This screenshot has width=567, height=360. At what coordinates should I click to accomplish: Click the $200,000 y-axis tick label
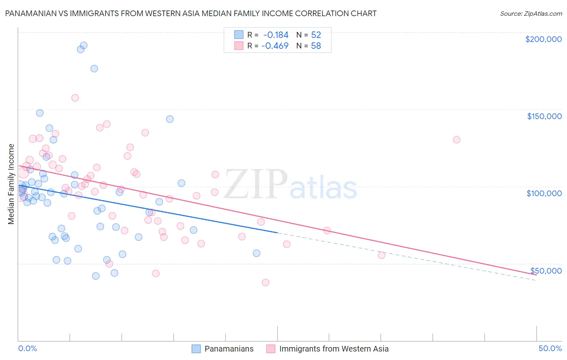click(x=543, y=39)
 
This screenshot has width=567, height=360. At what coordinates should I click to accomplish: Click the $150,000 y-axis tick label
click(x=544, y=116)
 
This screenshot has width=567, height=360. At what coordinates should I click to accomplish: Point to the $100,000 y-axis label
click(x=544, y=193)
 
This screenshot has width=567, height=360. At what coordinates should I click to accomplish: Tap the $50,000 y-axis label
click(x=546, y=270)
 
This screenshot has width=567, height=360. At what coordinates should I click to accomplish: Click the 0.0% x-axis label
click(x=27, y=348)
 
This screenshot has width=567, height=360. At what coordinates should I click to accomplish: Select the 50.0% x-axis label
click(x=550, y=348)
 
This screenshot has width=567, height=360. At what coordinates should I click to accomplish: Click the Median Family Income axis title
click(x=11, y=184)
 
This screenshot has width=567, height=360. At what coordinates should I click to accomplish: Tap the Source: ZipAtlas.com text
click(x=531, y=13)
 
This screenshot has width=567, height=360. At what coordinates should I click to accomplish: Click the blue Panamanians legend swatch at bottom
click(x=196, y=349)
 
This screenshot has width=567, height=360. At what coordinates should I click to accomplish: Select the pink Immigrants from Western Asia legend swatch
click(x=271, y=349)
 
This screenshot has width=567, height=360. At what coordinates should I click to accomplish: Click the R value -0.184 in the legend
click(x=276, y=35)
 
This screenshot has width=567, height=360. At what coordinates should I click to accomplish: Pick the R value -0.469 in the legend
click(x=275, y=46)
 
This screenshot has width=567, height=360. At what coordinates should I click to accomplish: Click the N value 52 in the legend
click(x=316, y=35)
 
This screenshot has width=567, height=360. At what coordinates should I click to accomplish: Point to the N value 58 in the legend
click(x=316, y=46)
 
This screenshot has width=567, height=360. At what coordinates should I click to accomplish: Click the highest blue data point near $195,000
click(x=83, y=46)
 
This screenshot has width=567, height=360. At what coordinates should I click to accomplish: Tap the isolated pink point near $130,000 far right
click(x=457, y=140)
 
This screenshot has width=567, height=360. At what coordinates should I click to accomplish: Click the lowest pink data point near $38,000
click(x=265, y=283)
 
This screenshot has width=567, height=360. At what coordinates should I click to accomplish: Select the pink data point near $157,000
click(x=75, y=98)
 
